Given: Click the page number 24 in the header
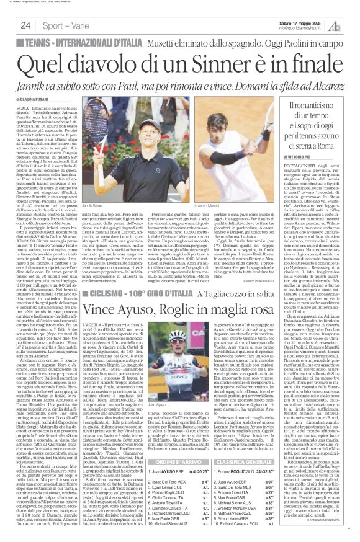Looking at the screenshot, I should click(25, 25).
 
